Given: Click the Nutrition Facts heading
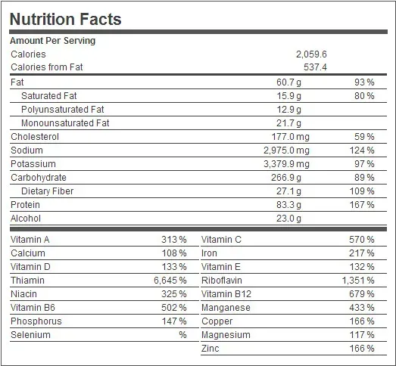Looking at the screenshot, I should point(65,18).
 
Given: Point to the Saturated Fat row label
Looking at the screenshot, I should point(48,96).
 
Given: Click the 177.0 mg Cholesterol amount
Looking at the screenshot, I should point(289,137).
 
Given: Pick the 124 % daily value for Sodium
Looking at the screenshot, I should point(361,150).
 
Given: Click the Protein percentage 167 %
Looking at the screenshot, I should point(361,205).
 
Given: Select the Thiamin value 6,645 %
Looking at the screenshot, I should point(169,281).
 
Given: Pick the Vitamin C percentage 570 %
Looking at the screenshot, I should point(361,240).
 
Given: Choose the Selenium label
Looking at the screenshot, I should point(30,335).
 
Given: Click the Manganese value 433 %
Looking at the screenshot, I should point(361,308).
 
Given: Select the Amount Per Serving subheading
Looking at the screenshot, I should point(52,41).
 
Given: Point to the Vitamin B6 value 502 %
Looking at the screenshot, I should point(173,308).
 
